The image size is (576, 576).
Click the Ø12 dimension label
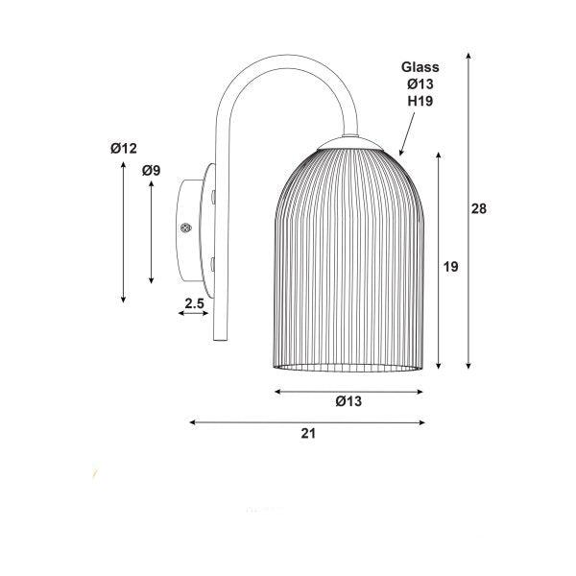[124, 148]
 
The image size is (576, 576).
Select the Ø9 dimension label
[151, 171]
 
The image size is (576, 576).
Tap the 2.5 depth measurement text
[194, 304]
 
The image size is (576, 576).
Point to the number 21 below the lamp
[308, 433]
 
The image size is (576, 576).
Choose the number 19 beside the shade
[450, 268]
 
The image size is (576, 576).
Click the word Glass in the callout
[420, 68]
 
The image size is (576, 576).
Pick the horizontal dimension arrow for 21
[308, 420]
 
